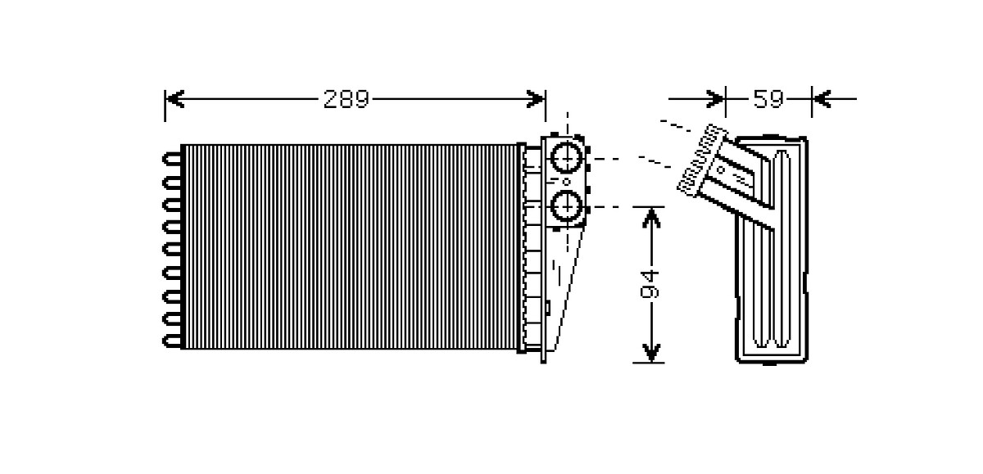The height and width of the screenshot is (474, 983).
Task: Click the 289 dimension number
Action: pos(347,99)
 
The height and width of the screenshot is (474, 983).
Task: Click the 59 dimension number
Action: pos(768,99)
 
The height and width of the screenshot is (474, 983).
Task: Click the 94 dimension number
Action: pos(650,284)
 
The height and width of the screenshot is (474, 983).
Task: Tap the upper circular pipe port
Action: pos(567,157)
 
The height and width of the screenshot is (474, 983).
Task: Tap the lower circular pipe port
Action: pos(567,206)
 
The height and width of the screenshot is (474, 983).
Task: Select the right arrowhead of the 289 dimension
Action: pos(536,99)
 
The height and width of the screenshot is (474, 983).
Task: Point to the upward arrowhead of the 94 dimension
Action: pos(651,218)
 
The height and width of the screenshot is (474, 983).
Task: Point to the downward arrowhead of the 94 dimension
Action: pos(651,353)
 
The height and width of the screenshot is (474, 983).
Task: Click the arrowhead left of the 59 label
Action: pos(716,99)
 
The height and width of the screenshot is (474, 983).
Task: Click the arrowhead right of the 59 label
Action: pos(822,99)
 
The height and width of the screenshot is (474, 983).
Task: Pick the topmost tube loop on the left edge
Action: pos(172,158)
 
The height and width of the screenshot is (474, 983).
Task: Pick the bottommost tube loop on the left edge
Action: pos(172,341)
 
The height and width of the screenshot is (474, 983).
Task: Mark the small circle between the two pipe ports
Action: pos(567,182)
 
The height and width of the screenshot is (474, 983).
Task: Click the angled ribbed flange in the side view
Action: pos(702,160)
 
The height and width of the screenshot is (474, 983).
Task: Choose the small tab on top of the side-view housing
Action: pos(771,137)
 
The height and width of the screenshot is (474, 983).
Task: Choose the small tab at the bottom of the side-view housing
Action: pos(770,363)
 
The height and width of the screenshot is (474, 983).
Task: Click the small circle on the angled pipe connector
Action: pos(721,169)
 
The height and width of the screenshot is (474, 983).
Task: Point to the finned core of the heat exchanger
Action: pos(349,246)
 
